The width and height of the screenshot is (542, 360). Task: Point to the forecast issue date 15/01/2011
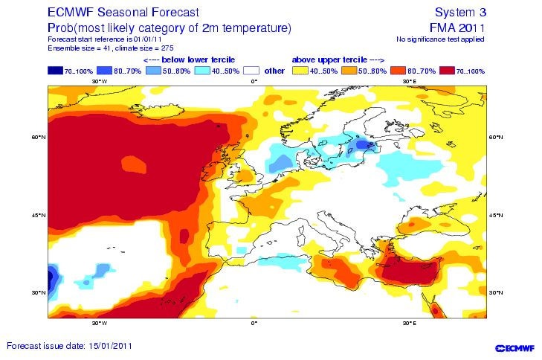pos(71,347)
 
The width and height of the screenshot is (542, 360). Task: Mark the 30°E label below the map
pos(408,324)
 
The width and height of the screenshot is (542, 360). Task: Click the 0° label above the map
pos(254,81)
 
